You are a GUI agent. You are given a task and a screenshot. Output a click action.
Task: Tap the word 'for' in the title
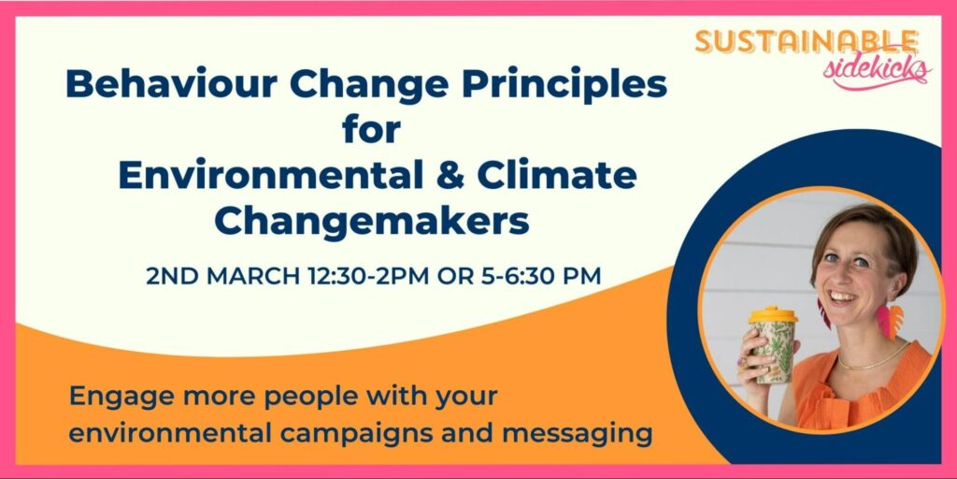coord(372,129)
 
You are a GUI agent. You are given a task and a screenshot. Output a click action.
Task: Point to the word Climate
coord(557,175)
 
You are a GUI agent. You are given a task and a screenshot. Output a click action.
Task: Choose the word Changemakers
coord(372,221)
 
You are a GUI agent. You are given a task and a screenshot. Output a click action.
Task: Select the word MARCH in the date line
coord(252,276)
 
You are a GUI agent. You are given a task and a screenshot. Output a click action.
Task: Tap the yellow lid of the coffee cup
coord(773,315)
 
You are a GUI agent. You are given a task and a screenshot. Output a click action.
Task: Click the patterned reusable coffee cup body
coord(775,353)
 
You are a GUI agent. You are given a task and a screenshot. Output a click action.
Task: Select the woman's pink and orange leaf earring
coord(889,320)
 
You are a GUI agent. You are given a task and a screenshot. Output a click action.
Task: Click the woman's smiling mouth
coord(842,297)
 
